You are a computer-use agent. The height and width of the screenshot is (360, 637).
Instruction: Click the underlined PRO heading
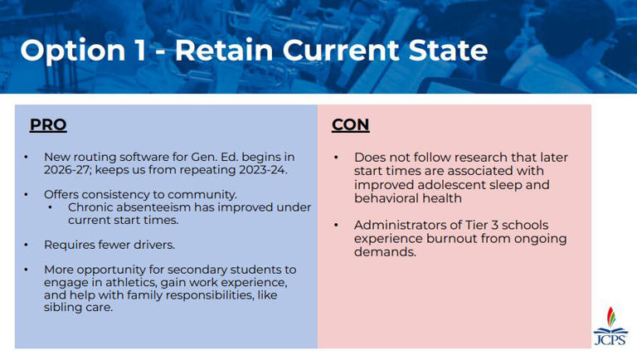click(48, 125)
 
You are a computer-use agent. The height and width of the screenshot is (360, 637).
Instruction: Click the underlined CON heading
click(350, 125)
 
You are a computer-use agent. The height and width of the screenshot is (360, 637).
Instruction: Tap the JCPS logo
click(610, 325)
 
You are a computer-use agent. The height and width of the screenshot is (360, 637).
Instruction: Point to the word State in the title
click(445, 51)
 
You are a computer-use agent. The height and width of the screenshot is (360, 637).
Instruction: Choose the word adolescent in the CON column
click(457, 185)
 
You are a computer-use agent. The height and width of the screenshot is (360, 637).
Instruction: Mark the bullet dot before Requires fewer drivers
click(27, 246)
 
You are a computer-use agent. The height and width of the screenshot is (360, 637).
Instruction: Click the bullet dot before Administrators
click(337, 226)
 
